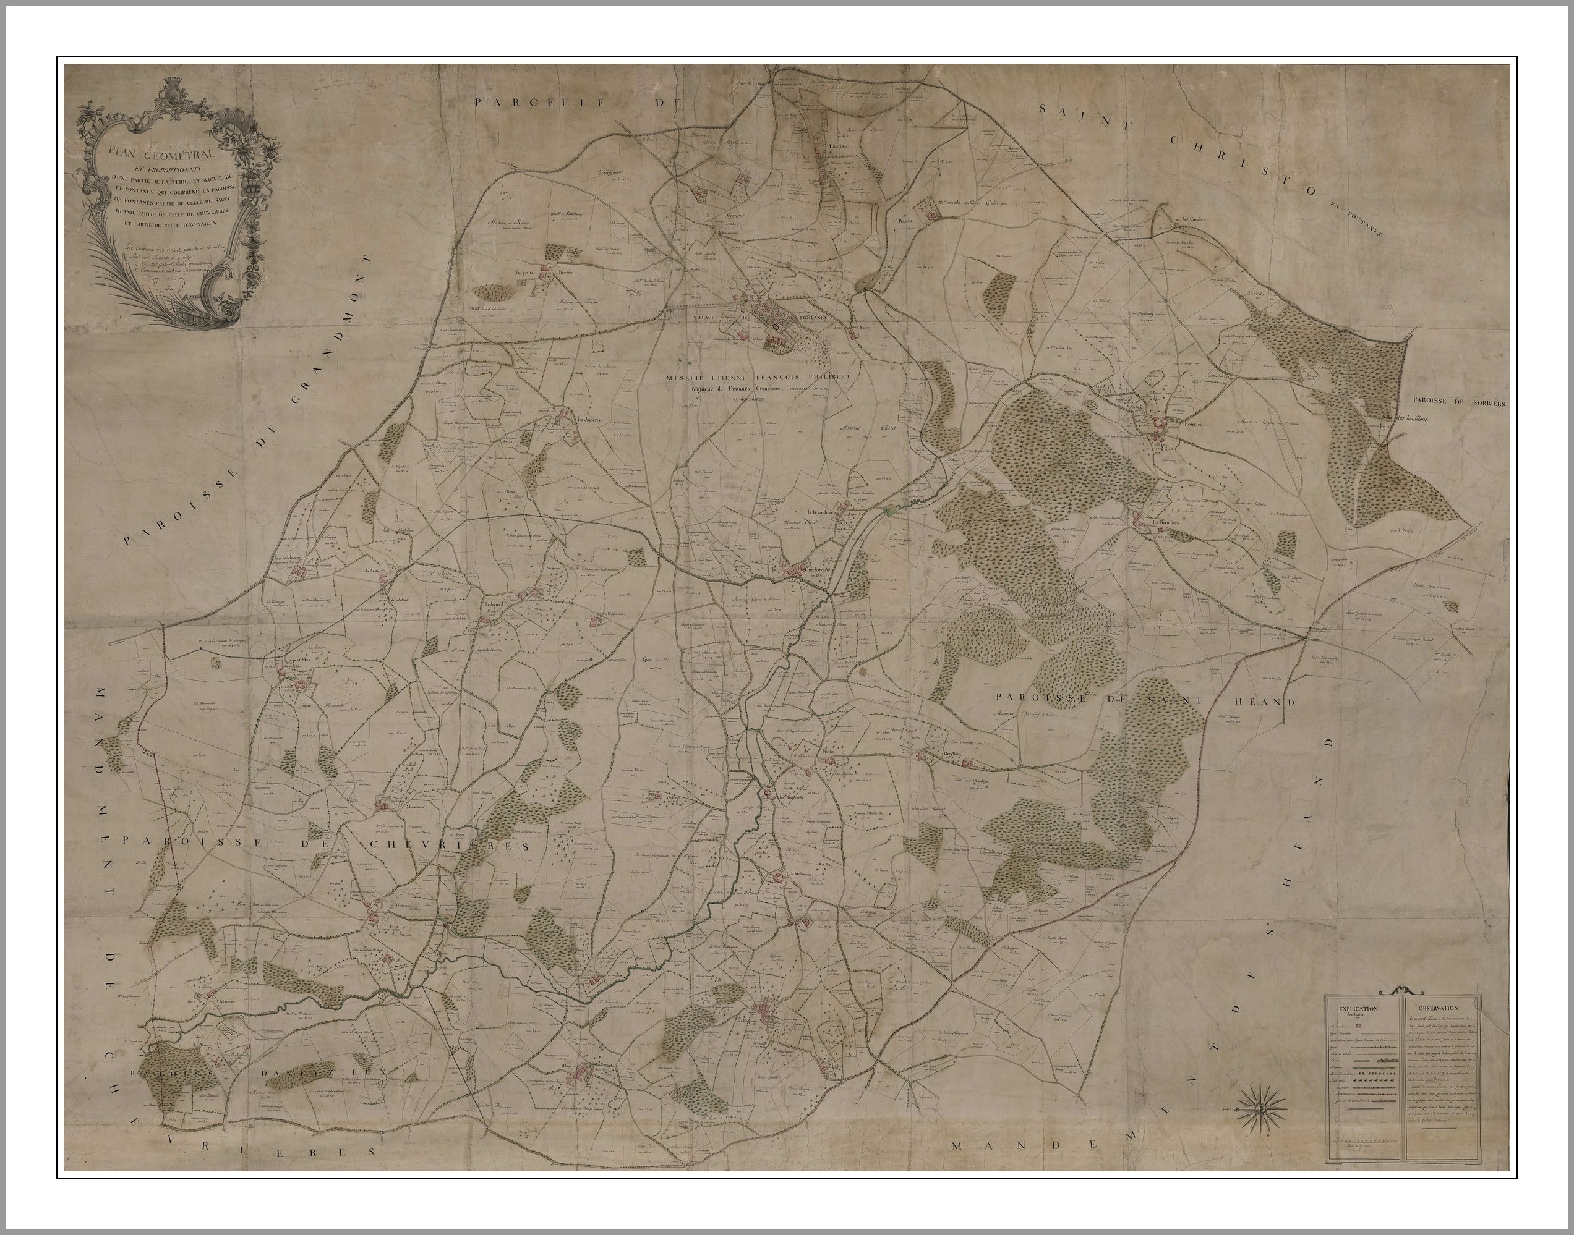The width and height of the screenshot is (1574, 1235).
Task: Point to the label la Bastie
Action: [x=374, y=571]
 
